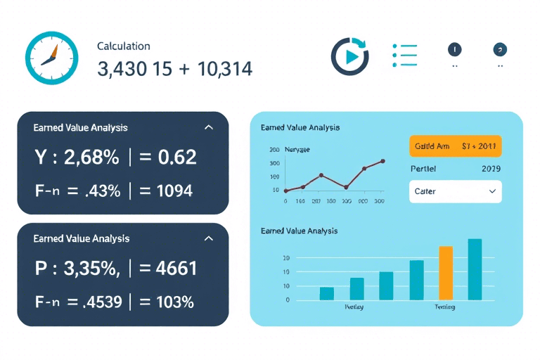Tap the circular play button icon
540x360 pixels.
349,56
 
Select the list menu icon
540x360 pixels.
404,56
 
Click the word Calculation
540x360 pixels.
124,46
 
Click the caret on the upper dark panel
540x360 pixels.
207,128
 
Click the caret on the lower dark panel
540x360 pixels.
208,239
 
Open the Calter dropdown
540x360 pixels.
454,191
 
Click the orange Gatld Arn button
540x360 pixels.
454,146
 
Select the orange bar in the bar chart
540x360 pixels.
446,273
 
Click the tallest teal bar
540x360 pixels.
475,269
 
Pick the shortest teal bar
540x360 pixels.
327,293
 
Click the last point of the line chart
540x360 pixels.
382,161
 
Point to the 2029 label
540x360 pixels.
490,169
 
